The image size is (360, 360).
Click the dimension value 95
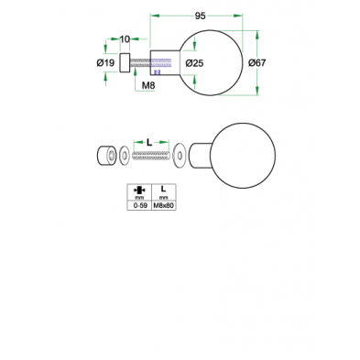(199, 15)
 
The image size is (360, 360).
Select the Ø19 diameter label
(104, 63)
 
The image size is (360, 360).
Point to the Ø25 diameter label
(193, 62)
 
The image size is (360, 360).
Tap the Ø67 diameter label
(257, 62)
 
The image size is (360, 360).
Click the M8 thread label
(147, 84)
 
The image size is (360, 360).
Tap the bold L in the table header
(163, 189)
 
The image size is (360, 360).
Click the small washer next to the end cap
(121, 157)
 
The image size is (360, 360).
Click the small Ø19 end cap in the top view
(123, 63)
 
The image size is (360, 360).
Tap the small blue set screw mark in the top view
(157, 71)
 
